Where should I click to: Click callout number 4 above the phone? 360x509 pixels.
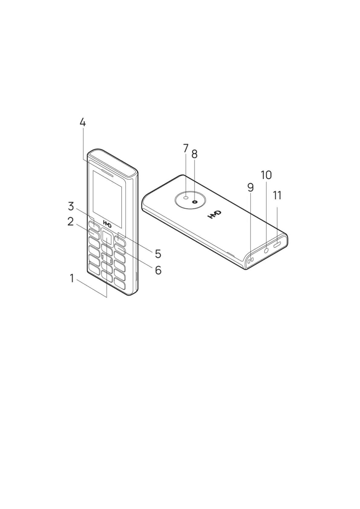pyautogui.click(x=83, y=122)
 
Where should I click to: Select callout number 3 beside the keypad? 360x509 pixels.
pyautogui.click(x=71, y=207)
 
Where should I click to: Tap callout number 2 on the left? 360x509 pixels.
pyautogui.click(x=70, y=222)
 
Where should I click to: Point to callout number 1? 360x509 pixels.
pyautogui.click(x=72, y=278)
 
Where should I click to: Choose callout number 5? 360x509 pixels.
pyautogui.click(x=158, y=254)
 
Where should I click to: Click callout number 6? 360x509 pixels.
pyautogui.click(x=158, y=270)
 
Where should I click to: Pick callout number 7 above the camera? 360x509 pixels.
pyautogui.click(x=186, y=148)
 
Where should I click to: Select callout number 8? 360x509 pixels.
pyautogui.click(x=194, y=154)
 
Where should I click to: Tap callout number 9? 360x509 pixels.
pyautogui.click(x=250, y=188)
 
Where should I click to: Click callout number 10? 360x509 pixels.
pyautogui.click(x=266, y=175)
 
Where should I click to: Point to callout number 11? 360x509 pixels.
pyautogui.click(x=277, y=196)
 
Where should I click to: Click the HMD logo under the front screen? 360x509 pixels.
pyautogui.click(x=107, y=223)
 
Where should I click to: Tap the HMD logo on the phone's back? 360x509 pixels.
pyautogui.click(x=214, y=215)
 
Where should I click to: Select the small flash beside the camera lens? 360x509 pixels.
pyautogui.click(x=186, y=198)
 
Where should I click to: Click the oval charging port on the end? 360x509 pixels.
pyautogui.click(x=277, y=245)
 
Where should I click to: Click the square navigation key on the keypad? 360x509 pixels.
pyautogui.click(x=107, y=237)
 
